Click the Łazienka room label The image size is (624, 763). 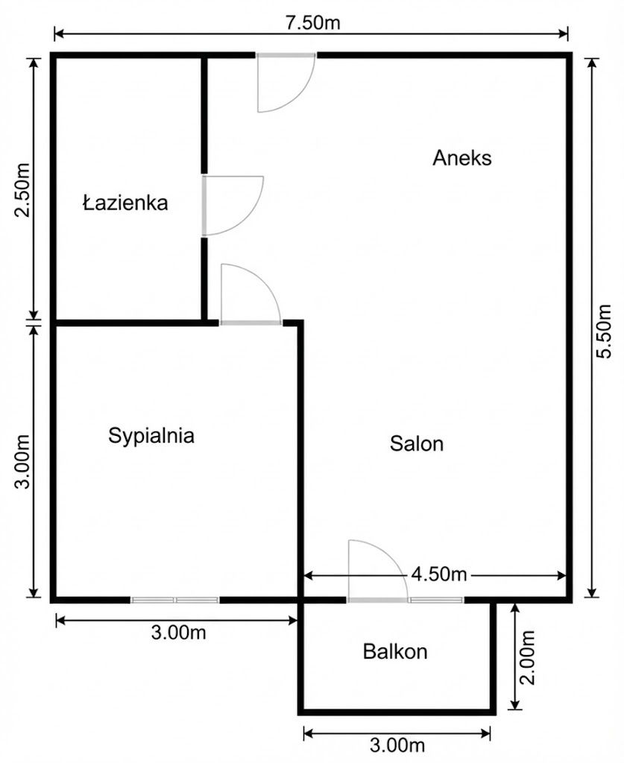point(125,203)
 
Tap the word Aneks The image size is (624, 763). point(461,158)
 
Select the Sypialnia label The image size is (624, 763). point(151,435)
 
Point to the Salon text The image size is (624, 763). point(417,444)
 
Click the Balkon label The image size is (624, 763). point(395,652)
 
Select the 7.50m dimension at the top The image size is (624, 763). point(311,22)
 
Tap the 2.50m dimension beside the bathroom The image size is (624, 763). point(23,189)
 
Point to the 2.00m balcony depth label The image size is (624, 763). point(527,658)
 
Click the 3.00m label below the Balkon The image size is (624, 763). point(397,745)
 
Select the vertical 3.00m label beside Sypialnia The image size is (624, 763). point(23,461)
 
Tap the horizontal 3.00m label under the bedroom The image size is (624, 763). point(178,633)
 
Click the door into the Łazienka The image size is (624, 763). point(231,205)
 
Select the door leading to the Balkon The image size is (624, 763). point(377,572)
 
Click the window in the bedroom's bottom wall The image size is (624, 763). point(175,599)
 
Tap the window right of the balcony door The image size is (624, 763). point(436,599)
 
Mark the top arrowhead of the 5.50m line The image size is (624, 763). point(591,63)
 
